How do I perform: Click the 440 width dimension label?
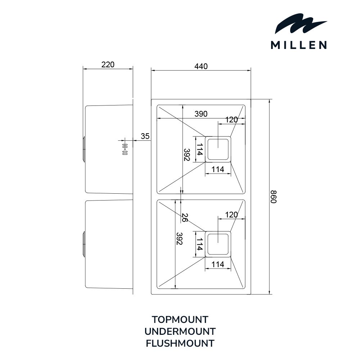tap(201, 66)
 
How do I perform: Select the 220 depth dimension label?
tap(108, 65)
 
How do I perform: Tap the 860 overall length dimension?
tap(273, 197)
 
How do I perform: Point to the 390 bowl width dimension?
tap(201, 114)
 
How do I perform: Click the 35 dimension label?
tap(145, 136)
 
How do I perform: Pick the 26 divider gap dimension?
tap(185, 217)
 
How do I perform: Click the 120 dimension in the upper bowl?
tap(231, 120)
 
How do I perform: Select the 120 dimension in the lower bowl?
tap(231, 215)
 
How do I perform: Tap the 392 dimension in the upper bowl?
tap(186, 155)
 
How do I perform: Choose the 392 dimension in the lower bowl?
tap(179, 239)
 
